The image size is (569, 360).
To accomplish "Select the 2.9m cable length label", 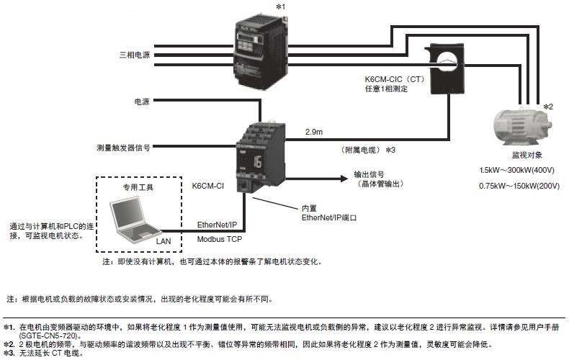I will tap(315, 132).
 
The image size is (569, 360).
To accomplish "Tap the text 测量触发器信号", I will tap(123, 147).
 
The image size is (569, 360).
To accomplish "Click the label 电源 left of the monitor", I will tap(142, 102).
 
